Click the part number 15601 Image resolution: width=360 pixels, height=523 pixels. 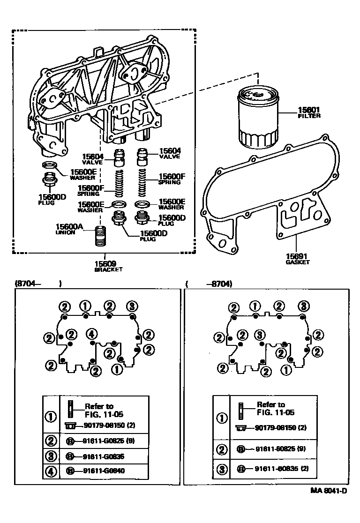click(308, 110)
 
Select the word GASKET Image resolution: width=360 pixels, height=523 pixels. click(297, 262)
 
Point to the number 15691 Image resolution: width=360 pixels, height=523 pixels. click(297, 256)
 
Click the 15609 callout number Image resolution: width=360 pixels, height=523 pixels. click(108, 263)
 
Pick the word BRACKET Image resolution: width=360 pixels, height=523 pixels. click(108, 270)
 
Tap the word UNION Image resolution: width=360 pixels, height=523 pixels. click(65, 232)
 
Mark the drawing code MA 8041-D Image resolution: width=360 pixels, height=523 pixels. click(328, 491)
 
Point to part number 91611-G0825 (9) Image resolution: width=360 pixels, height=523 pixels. click(106, 440)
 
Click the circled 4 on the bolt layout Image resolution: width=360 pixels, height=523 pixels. click(92, 334)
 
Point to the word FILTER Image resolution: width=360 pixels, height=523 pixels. click(309, 116)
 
